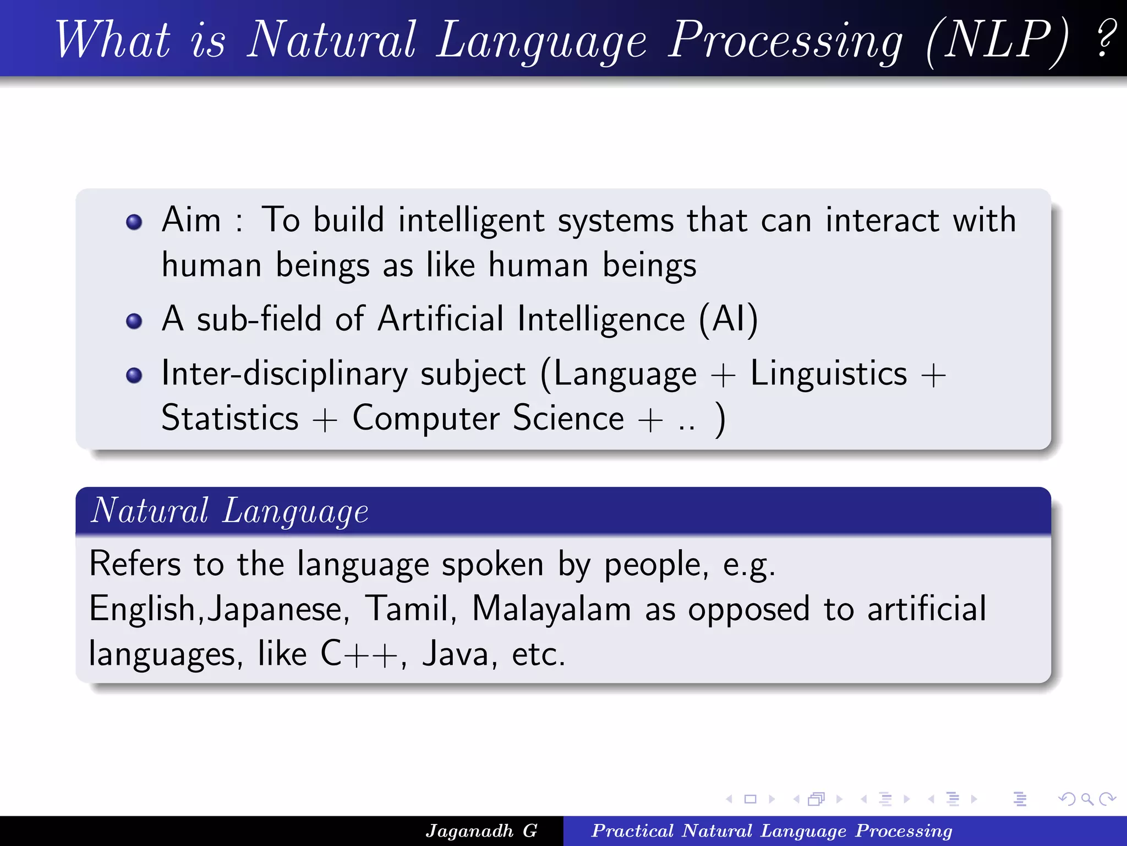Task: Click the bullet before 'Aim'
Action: click(134, 222)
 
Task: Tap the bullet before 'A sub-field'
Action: click(134, 321)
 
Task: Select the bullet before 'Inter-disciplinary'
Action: click(134, 376)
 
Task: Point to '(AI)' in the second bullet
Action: click(728, 319)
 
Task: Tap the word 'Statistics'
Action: click(230, 419)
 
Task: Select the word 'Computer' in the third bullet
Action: click(426, 419)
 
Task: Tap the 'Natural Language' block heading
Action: click(229, 511)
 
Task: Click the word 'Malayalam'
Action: click(551, 610)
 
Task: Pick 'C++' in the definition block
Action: click(359, 655)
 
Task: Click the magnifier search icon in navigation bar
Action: click(1087, 799)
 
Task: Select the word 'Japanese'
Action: click(278, 610)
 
